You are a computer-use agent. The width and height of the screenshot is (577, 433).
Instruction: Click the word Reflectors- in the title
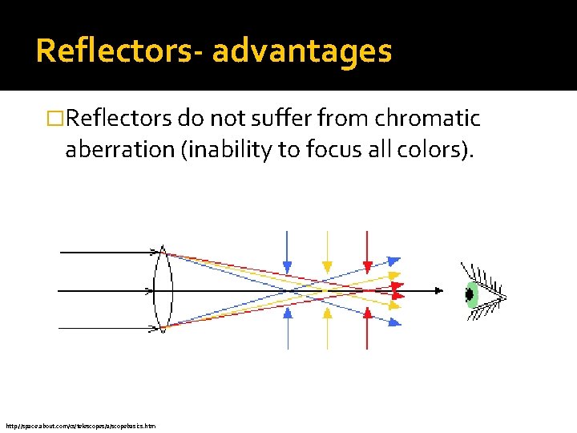tap(119, 51)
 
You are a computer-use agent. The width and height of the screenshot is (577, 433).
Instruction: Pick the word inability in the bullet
tap(228, 150)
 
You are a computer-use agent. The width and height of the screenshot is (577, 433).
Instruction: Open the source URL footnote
tap(80, 426)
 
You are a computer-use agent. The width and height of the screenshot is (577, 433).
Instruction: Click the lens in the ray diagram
tap(163, 289)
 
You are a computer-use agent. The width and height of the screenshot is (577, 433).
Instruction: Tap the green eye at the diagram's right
tap(472, 294)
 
